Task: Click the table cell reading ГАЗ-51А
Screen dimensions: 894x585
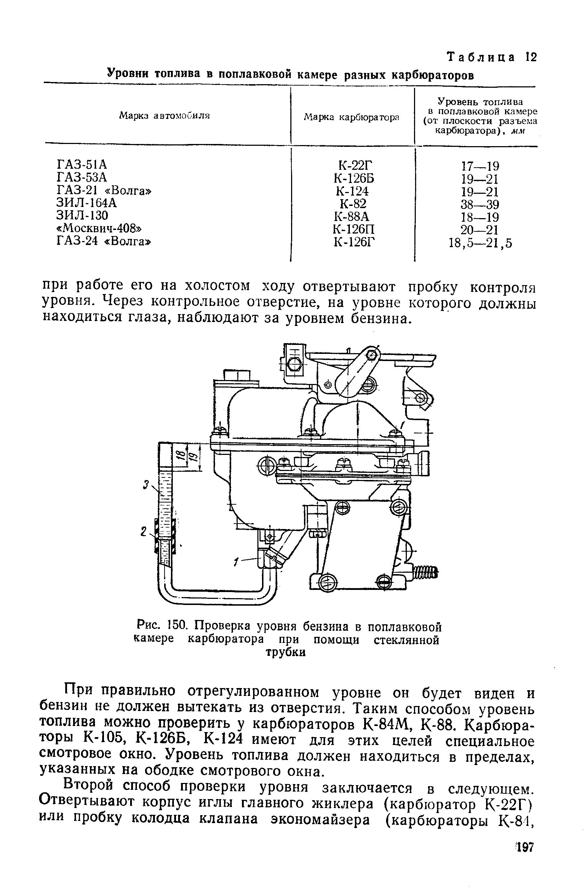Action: pyautogui.click(x=82, y=164)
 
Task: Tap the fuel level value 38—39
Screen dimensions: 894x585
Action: pyautogui.click(x=480, y=205)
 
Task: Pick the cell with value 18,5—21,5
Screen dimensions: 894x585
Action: pyautogui.click(x=480, y=244)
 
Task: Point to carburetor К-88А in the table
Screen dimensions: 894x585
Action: pyautogui.click(x=352, y=217)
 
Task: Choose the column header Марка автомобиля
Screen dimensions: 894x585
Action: pyautogui.click(x=164, y=116)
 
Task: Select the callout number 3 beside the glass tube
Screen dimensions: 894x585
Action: pyautogui.click(x=146, y=485)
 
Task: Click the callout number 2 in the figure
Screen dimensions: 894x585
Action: pyautogui.click(x=143, y=532)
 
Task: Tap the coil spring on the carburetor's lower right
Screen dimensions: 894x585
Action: pyautogui.click(x=425, y=573)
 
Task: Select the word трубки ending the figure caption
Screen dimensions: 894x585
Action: pyautogui.click(x=286, y=653)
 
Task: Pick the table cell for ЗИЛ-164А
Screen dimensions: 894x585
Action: pyautogui.click(x=86, y=203)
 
